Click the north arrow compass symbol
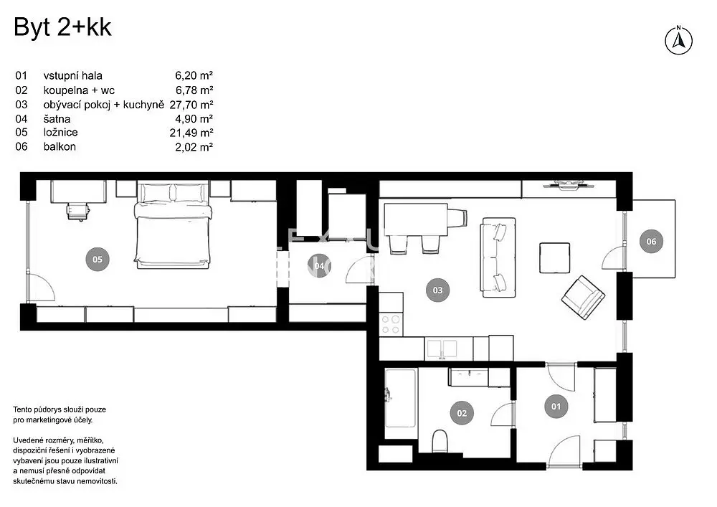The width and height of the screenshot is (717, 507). (678, 40)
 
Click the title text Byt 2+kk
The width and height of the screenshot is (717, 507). (62, 27)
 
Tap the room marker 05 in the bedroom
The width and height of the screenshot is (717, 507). (98, 259)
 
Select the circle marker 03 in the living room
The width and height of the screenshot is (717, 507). (437, 290)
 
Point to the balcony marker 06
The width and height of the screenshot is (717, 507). (651, 242)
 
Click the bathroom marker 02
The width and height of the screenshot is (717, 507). (462, 413)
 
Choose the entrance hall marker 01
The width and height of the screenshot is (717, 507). (556, 407)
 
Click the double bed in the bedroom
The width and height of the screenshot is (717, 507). (174, 226)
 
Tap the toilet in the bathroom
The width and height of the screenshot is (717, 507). (440, 441)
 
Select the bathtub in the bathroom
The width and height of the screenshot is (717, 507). (401, 397)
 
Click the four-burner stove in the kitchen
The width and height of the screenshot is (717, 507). (391, 325)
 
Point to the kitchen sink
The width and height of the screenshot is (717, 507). (442, 350)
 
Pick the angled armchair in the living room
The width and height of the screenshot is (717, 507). (583, 297)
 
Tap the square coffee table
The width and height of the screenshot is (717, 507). (555, 258)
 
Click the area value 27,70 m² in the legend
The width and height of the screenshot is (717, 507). (191, 105)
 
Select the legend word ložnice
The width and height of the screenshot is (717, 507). (61, 133)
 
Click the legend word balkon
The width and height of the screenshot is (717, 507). (60, 147)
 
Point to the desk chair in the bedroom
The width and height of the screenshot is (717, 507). (77, 212)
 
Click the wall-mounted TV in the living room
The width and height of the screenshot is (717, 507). (569, 185)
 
